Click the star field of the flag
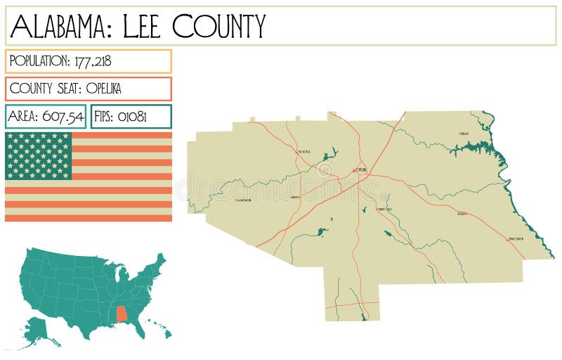point(39,155)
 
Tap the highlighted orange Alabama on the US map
point(122,313)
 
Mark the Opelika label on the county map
point(361,170)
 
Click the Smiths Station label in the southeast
point(516,239)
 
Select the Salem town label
point(461,214)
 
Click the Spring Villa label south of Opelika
point(384,209)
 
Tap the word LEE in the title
point(144,26)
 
